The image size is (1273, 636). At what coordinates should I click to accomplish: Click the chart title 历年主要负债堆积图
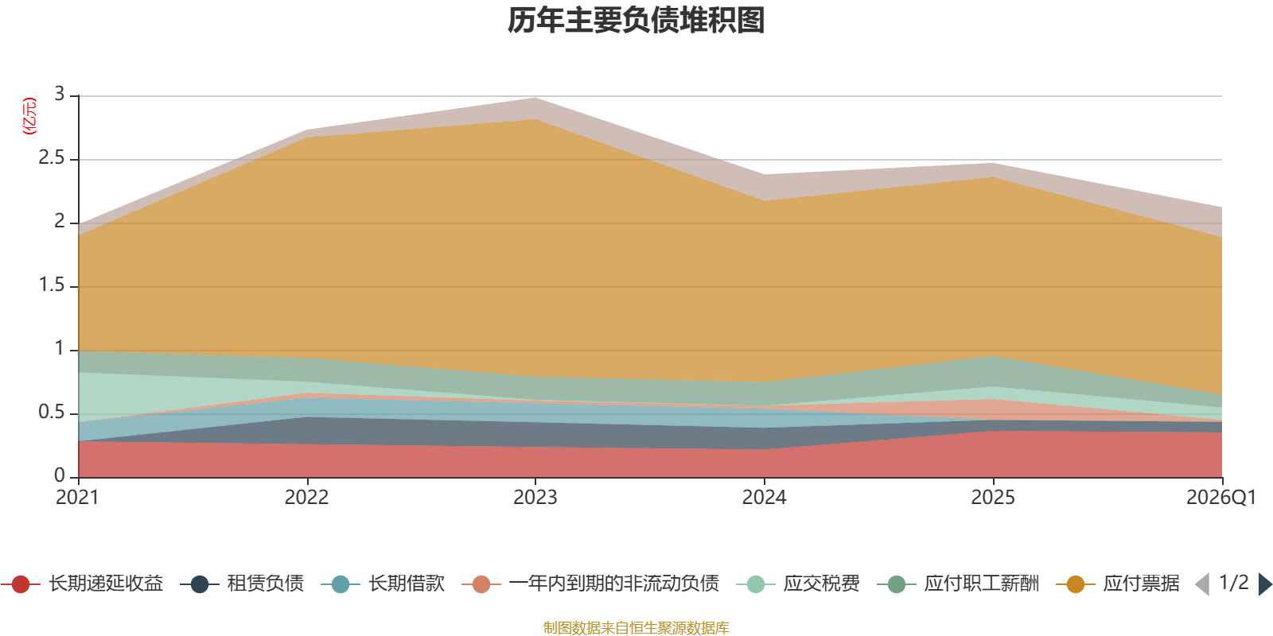coord(636,21)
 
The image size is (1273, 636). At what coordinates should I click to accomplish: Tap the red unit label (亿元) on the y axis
coord(29,116)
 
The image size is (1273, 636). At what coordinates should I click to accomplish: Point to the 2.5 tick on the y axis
coord(52,158)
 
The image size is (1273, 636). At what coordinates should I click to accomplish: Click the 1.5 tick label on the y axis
coord(52,285)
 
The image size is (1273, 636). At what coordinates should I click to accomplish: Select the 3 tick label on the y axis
coord(60,95)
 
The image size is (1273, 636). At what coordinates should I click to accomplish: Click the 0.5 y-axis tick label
coord(52,413)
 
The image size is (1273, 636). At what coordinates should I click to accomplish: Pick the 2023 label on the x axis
coord(535,498)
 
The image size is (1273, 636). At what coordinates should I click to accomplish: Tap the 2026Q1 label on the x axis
coord(1220,498)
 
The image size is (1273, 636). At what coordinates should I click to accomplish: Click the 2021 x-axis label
coord(77,498)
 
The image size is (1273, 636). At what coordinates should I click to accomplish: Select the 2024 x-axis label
coord(765,498)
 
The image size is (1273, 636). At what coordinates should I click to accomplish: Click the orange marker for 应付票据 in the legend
coord(1075,584)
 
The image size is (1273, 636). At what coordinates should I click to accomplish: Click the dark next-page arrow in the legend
coord(1265,584)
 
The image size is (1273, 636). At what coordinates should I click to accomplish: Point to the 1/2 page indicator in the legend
coord(1234,583)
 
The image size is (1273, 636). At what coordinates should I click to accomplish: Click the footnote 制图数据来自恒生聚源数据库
coord(636,627)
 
